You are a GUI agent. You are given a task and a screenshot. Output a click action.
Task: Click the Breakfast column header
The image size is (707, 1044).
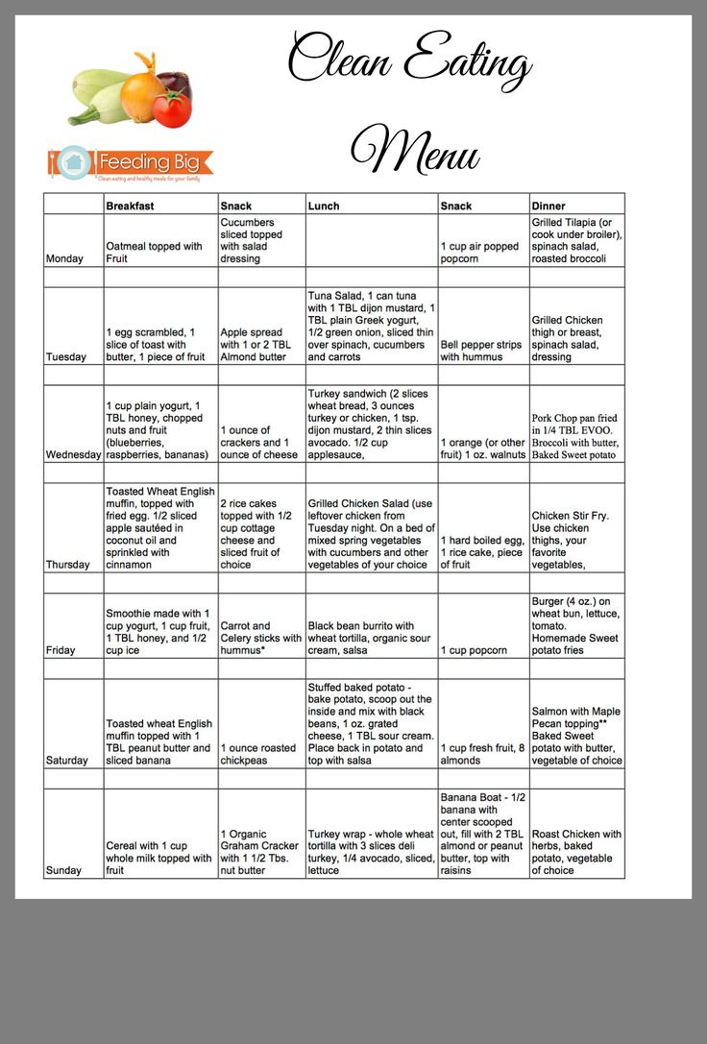(130, 206)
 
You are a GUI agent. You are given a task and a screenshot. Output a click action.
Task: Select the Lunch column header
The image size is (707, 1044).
(324, 206)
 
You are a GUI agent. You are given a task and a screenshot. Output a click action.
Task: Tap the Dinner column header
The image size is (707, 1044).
(549, 206)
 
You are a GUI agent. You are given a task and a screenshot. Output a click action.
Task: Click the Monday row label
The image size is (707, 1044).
(64, 258)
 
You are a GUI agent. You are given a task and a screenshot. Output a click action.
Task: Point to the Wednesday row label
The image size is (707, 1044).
(73, 454)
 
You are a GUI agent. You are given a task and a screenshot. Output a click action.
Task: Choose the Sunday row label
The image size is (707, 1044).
(63, 870)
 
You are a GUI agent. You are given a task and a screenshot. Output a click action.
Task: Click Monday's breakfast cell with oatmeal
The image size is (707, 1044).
(160, 252)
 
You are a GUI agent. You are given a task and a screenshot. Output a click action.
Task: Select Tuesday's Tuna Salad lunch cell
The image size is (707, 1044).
(371, 327)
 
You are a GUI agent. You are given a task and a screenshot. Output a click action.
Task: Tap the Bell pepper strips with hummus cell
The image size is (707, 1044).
(483, 351)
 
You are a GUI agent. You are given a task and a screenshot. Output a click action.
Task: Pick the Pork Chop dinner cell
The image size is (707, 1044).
(576, 436)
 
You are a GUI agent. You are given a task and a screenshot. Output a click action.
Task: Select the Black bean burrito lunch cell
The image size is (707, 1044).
(371, 638)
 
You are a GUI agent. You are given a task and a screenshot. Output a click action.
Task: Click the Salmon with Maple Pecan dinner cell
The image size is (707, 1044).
(576, 736)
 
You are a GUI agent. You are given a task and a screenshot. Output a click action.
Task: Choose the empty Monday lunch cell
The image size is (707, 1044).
(371, 240)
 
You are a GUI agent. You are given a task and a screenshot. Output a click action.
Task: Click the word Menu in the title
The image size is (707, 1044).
(415, 149)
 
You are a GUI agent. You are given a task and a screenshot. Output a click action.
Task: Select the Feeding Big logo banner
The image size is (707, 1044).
(130, 163)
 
